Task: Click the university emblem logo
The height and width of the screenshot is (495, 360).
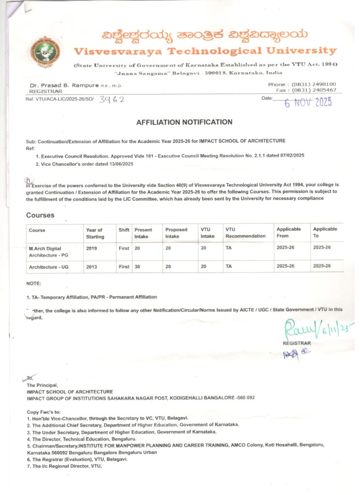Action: [44, 51]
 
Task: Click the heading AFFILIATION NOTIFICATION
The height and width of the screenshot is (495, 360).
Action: [184, 122]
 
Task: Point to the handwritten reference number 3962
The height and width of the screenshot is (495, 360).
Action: [112, 100]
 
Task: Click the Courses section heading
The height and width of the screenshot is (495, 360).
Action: [40, 215]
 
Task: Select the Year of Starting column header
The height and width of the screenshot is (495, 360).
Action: [94, 233]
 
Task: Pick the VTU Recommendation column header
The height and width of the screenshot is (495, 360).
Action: [245, 233]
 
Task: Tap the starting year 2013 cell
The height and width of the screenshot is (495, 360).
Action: [91, 266]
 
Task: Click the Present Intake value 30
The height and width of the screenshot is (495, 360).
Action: [138, 266]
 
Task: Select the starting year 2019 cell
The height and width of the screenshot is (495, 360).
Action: [91, 247]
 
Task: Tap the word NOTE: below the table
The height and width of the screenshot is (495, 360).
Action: [34, 283]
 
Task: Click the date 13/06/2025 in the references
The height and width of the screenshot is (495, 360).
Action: [116, 164]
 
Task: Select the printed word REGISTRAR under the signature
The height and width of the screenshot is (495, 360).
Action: [297, 343]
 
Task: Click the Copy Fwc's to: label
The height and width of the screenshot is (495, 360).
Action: [43, 411]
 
